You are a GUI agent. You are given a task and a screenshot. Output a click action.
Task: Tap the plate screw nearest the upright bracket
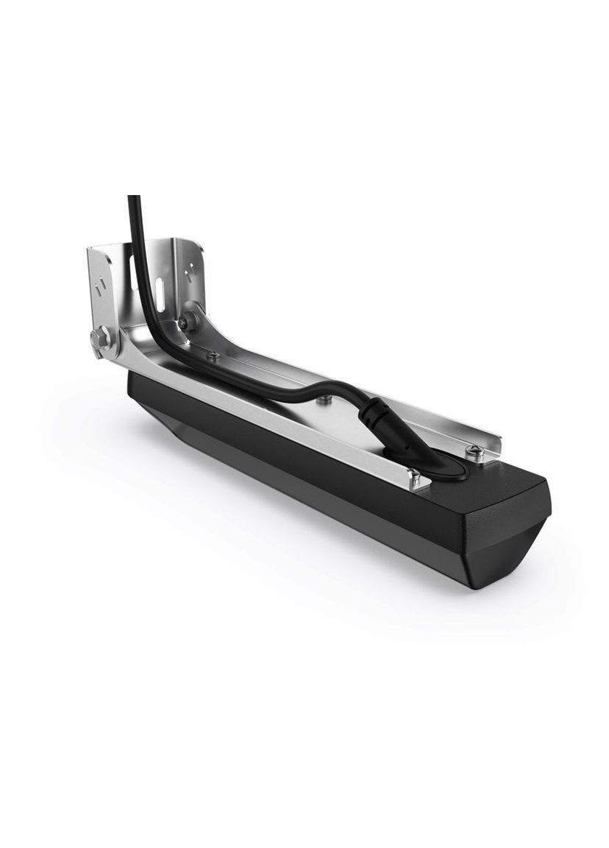click(x=213, y=356)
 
